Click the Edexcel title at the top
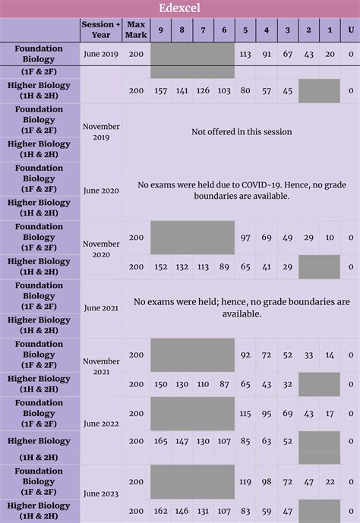(x=179, y=8)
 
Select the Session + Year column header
(x=101, y=30)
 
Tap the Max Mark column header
(x=136, y=30)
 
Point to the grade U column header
(x=351, y=30)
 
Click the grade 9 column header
(x=161, y=30)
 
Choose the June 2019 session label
(x=101, y=54)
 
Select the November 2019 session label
(x=101, y=132)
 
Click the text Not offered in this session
(x=242, y=132)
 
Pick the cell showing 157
(x=161, y=91)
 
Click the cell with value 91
(x=267, y=54)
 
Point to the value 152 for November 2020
(x=161, y=267)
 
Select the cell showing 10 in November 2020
(x=330, y=238)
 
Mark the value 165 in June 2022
(x=161, y=441)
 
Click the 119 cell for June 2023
(x=245, y=482)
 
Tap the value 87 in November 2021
(x=224, y=384)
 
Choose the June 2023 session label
(x=101, y=493)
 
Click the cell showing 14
(x=330, y=355)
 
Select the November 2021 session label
(x=101, y=367)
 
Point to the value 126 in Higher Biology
(x=203, y=91)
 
